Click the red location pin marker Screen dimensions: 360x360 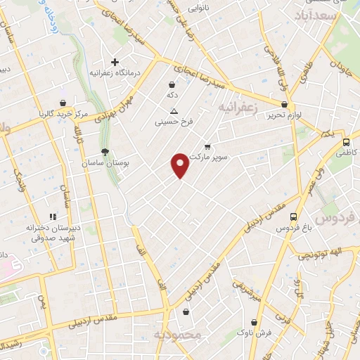pyautogui.click(x=180, y=165)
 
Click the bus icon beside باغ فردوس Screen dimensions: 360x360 pyautogui.click(x=293, y=217)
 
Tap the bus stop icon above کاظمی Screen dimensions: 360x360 pyautogui.click(x=346, y=142)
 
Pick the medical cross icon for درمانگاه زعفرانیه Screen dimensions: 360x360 pyautogui.click(x=115, y=62)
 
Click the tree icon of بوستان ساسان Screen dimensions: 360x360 pyautogui.click(x=105, y=151)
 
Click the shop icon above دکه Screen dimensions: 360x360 pyautogui.click(x=172, y=84)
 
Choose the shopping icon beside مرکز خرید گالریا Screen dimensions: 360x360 pyautogui.click(x=63, y=103)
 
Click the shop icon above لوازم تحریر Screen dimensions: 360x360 pyautogui.click(x=283, y=103)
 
